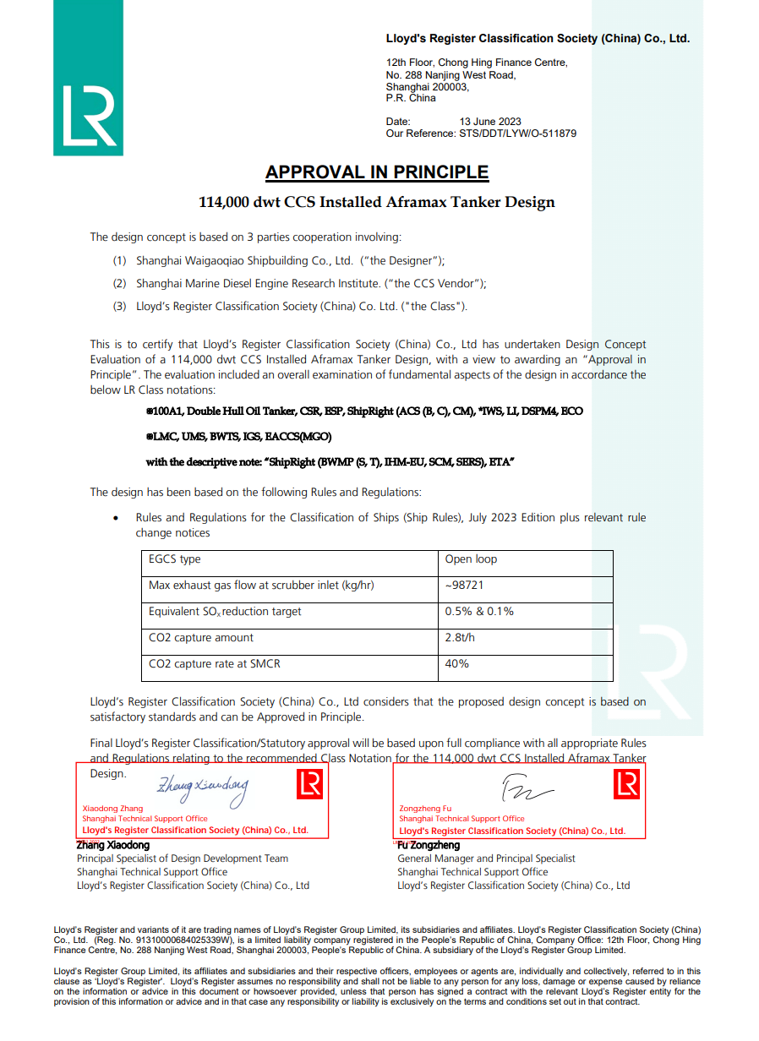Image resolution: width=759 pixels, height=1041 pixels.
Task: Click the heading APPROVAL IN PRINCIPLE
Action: point(377,172)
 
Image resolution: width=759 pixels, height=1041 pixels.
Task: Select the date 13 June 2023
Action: point(490,122)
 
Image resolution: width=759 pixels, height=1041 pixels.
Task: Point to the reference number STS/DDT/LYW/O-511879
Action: point(517,134)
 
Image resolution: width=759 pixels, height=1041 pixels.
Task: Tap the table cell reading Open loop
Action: point(471,559)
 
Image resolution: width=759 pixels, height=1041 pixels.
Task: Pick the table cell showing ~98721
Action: point(464,586)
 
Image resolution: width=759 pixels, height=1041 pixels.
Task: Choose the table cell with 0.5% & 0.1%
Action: point(479,612)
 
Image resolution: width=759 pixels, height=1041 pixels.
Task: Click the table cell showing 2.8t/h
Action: point(460,638)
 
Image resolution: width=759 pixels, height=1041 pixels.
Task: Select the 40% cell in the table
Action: point(456,664)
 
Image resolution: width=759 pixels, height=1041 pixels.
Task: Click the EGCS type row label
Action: point(175,559)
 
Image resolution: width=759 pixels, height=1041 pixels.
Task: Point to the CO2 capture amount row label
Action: point(201,638)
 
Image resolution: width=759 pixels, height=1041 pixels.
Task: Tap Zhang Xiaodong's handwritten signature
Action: point(203,788)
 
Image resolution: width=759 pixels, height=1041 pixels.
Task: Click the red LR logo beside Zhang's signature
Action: point(310,785)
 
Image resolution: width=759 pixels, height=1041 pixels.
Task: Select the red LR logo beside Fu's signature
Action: point(626,786)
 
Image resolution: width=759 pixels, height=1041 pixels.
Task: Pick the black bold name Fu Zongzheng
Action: point(429,845)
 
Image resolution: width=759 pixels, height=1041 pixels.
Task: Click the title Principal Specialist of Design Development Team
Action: point(183,858)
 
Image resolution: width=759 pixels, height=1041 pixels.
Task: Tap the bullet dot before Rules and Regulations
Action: point(116,517)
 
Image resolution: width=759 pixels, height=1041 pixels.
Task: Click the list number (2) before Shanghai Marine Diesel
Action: point(120,284)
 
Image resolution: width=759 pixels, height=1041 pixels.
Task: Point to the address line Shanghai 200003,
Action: point(427,87)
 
